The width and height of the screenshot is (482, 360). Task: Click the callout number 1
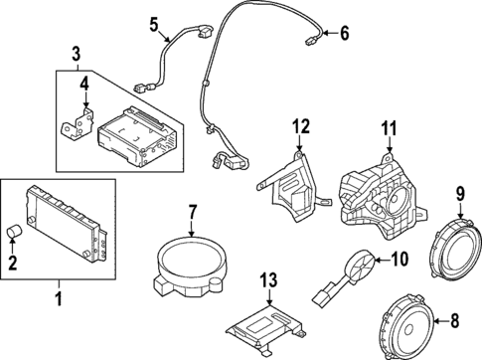pos(59,297)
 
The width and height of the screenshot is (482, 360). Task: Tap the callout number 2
pos(14,263)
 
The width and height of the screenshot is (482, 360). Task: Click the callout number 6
pos(345,34)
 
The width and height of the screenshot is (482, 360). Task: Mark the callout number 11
pos(388,127)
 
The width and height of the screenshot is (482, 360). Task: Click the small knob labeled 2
pos(14,234)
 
